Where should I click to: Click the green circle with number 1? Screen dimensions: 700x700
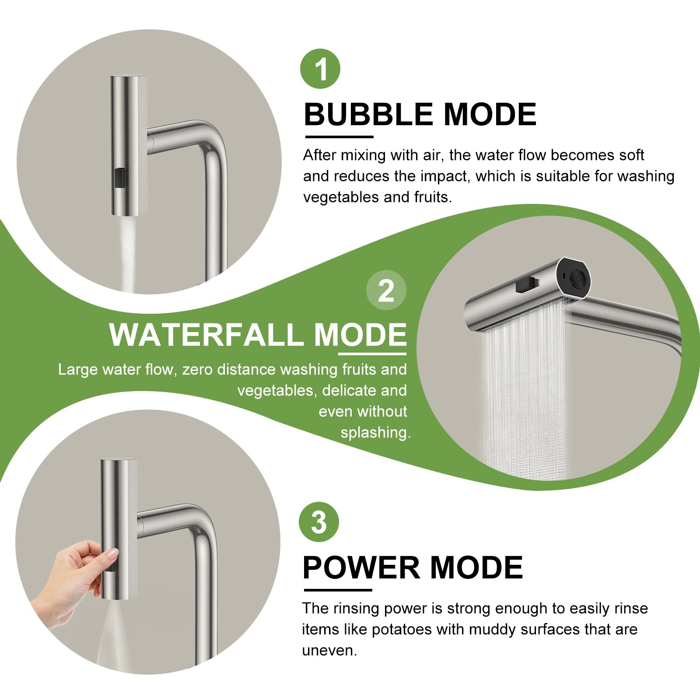(320, 69)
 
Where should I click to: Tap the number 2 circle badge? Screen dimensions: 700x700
(386, 290)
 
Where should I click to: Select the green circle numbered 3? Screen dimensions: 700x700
(319, 521)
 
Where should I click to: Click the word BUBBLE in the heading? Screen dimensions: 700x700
(368, 115)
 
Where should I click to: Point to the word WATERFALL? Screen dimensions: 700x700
(206, 335)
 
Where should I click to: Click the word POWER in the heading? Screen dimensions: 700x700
(361, 568)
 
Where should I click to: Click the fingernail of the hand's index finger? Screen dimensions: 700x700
(112, 554)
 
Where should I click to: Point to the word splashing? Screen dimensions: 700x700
(375, 433)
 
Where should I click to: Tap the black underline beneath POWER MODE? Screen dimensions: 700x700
(337, 590)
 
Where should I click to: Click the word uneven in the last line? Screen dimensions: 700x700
(329, 651)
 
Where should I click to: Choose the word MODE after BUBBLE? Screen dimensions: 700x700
(490, 115)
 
